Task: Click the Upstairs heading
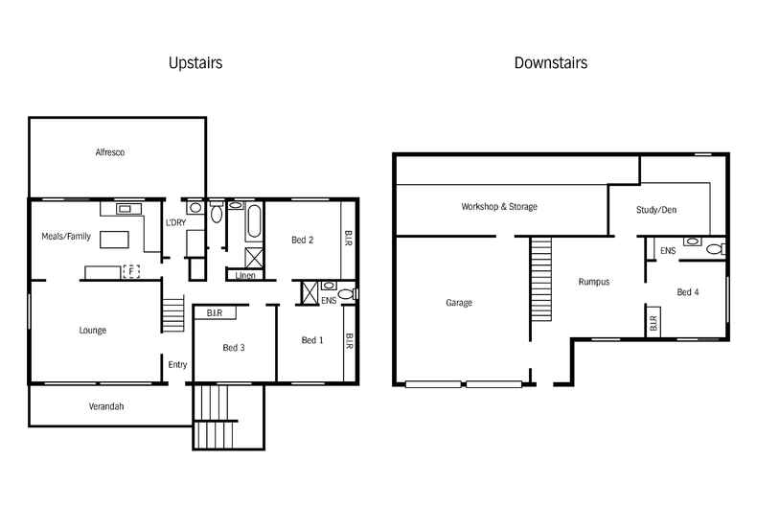[195, 63]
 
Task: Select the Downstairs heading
[550, 63]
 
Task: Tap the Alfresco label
[110, 152]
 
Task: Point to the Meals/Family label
[66, 236]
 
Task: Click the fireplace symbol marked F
[131, 271]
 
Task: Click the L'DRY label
[176, 222]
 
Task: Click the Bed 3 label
[234, 347]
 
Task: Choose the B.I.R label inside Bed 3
[215, 312]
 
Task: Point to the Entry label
[178, 364]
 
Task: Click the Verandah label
[107, 406]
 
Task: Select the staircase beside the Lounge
[173, 313]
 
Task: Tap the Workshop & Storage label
[498, 206]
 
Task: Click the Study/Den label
[656, 210]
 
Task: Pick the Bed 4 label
[687, 292]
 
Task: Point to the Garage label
[459, 303]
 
